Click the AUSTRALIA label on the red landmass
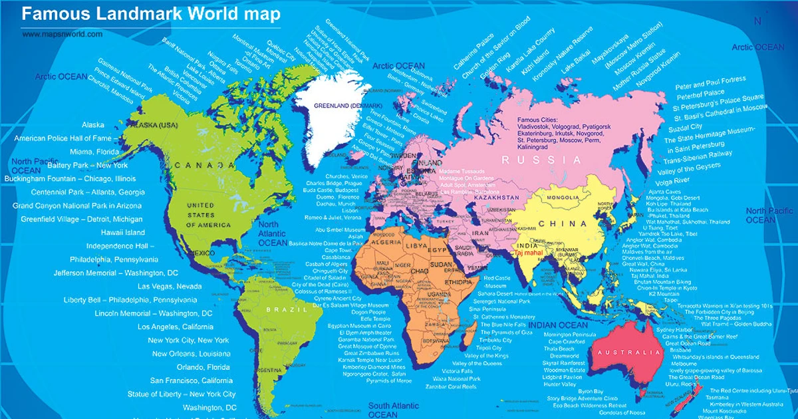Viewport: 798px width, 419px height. pos(629,352)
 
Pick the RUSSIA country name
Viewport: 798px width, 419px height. pos(541,160)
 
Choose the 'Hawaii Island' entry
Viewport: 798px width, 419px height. pos(122,233)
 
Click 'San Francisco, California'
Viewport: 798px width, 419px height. pos(191,380)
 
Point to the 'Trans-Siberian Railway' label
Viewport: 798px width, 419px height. pos(698,156)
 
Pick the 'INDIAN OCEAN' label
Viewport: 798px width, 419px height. pos(559,325)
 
